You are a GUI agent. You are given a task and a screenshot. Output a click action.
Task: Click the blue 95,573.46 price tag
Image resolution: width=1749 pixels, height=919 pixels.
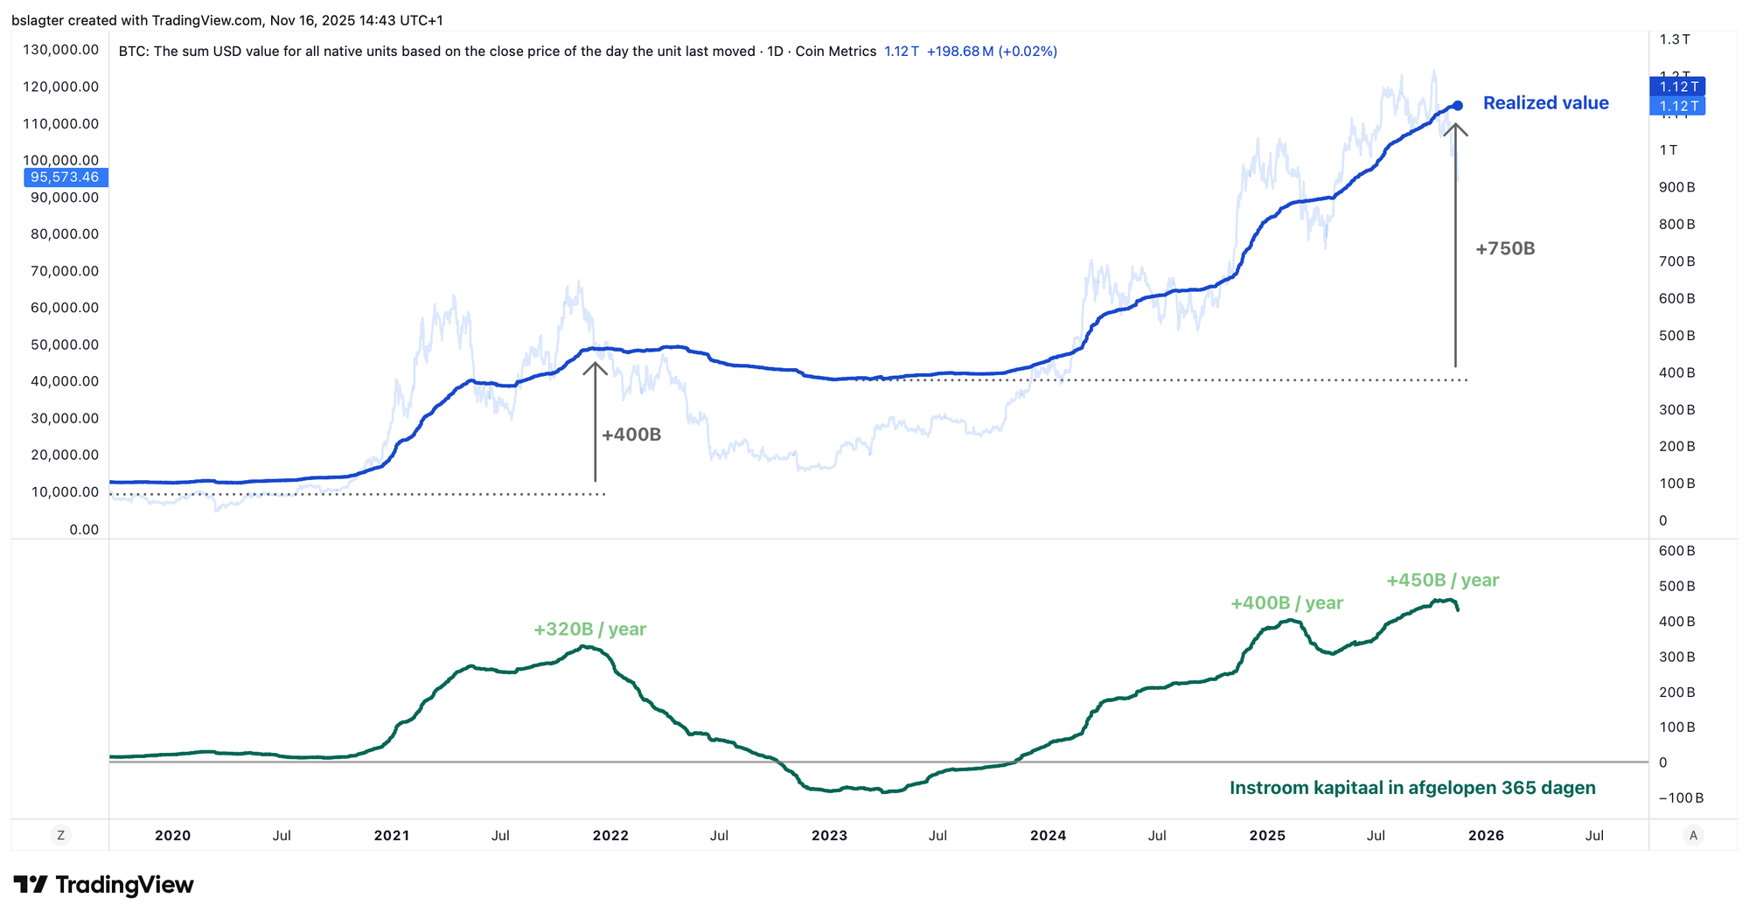pos(65,178)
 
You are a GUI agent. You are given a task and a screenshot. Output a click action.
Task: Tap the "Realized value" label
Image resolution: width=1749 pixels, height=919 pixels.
pos(1545,103)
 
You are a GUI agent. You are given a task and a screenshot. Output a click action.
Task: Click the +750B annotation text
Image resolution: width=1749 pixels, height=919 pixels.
pos(1505,249)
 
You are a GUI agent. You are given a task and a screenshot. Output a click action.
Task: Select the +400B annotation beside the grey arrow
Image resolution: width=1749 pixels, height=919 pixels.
pos(631,435)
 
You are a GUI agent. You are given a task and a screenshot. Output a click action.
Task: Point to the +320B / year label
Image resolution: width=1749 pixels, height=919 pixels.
pos(589,630)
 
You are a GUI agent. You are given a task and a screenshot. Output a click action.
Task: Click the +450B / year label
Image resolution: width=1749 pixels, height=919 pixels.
pos(1442,581)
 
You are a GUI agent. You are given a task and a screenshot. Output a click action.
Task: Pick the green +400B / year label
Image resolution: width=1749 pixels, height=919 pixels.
pos(1286,603)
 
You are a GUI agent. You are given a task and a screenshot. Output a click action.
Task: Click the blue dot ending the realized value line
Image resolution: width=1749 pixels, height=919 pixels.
pos(1457,106)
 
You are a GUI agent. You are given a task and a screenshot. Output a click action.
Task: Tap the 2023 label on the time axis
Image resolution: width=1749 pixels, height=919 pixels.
pos(829,836)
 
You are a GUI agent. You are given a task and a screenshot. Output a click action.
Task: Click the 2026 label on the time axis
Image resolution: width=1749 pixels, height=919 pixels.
pos(1486,836)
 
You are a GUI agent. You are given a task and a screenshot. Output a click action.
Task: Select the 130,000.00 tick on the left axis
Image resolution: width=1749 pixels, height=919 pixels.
pos(60,50)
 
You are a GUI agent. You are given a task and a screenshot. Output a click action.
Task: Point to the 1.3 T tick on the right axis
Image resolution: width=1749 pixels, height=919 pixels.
pos(1675,39)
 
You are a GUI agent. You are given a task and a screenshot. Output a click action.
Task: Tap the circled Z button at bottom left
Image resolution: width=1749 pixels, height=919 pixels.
pos(60,836)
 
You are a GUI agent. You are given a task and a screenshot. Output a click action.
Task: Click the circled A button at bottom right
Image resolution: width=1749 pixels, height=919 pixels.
pos(1693,836)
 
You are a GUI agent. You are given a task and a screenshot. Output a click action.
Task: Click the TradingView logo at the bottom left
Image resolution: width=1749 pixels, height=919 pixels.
pos(103,885)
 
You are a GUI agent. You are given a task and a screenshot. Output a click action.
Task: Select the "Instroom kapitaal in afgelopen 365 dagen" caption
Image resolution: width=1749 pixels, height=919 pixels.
pos(1411,789)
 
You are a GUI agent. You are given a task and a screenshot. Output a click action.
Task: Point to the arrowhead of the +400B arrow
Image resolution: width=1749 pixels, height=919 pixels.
pos(595,368)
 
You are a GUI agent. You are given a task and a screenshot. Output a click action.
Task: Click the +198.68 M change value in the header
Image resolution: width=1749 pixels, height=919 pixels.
pos(959,52)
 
